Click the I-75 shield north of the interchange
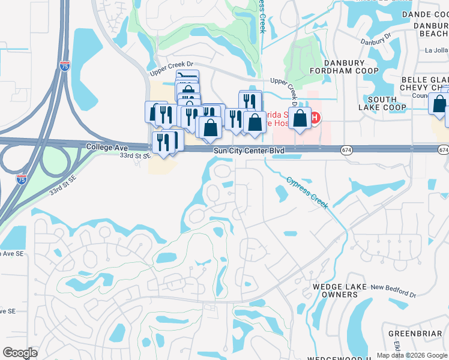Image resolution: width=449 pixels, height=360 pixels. click(x=64, y=66)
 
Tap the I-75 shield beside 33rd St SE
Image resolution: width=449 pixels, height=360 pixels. click(x=21, y=179)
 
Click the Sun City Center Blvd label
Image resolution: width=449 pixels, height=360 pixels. click(x=249, y=151)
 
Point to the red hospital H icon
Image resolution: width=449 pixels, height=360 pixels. click(x=315, y=118)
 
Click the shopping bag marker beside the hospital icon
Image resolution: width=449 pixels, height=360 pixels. click(x=300, y=118)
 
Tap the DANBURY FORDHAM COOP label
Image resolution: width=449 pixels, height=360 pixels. click(x=344, y=67)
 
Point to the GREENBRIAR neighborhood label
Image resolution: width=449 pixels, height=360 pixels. click(x=415, y=333)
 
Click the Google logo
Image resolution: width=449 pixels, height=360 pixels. click(x=20, y=353)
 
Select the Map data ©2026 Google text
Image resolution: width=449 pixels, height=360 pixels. click(x=411, y=355)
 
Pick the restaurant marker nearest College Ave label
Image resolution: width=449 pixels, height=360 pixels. click(x=163, y=142)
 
